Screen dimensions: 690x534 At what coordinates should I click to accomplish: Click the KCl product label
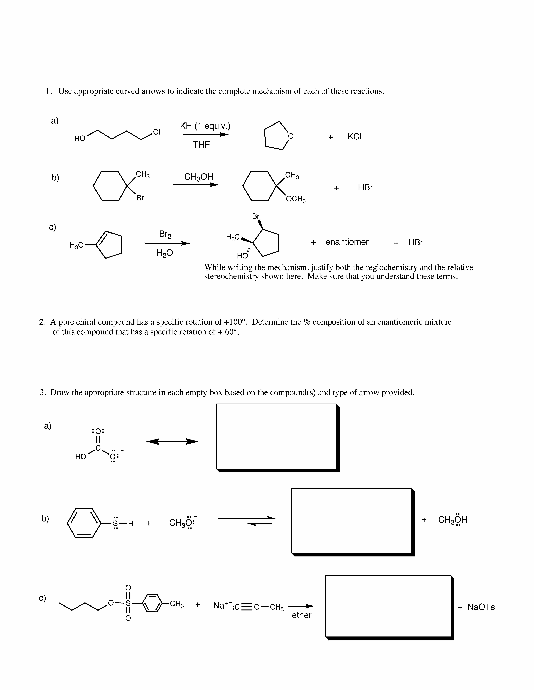click(354, 136)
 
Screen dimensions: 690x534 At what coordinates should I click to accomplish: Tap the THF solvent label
click(201, 145)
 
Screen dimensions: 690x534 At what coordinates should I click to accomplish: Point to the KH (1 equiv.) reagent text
click(205, 126)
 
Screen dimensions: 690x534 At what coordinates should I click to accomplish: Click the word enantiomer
click(347, 242)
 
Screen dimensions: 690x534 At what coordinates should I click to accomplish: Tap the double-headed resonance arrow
click(172, 441)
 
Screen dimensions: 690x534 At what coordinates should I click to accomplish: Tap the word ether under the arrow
click(302, 615)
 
